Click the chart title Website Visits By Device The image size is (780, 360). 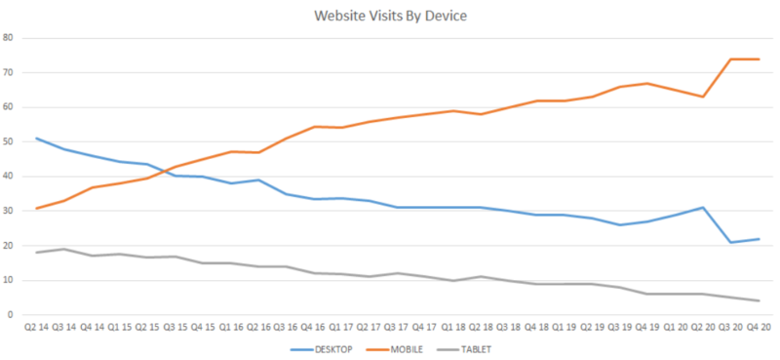[x=389, y=16]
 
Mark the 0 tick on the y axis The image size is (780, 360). [x=11, y=315]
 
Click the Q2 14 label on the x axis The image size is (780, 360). [x=37, y=329]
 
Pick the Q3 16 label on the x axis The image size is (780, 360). [x=287, y=329]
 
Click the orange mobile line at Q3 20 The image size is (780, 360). [x=730, y=60]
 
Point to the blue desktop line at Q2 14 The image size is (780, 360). [x=37, y=139]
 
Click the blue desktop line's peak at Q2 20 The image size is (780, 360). [x=703, y=208]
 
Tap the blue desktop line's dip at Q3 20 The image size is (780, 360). [x=730, y=242]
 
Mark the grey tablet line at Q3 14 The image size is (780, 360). [x=64, y=249]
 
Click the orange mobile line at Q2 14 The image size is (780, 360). [x=37, y=208]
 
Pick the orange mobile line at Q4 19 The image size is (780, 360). [x=647, y=84]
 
